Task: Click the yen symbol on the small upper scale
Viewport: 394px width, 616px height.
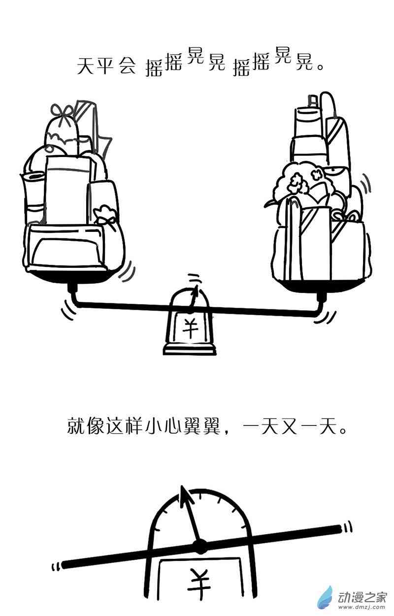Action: (190, 327)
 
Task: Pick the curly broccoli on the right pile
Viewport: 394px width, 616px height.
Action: (295, 180)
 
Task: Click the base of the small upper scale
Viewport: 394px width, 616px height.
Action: (190, 349)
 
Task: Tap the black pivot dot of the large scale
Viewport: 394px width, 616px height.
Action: (199, 546)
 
